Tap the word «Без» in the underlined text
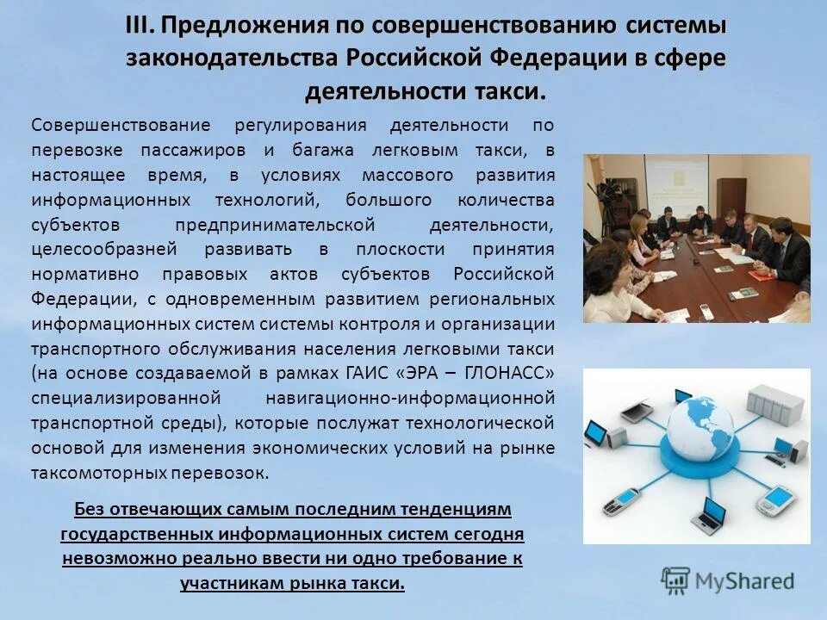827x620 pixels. (87, 509)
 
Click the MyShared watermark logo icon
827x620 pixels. (676, 580)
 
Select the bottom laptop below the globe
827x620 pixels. (712, 514)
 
